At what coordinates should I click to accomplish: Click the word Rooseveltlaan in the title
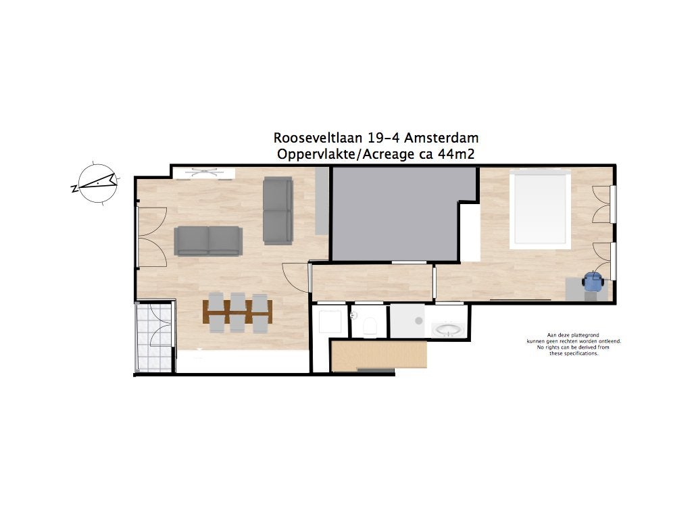(318, 138)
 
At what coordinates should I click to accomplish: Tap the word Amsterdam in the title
(441, 138)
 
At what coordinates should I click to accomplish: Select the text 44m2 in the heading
(456, 155)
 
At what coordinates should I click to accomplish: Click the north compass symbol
(97, 184)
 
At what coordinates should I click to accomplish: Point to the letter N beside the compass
(74, 189)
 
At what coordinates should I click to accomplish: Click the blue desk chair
(592, 280)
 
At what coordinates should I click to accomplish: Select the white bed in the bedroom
(540, 209)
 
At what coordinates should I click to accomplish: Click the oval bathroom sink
(448, 330)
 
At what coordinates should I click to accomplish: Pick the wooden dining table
(237, 312)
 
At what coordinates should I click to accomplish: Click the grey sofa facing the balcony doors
(208, 241)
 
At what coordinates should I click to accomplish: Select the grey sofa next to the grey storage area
(278, 211)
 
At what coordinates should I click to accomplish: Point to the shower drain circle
(419, 321)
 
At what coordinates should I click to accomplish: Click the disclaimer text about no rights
(574, 344)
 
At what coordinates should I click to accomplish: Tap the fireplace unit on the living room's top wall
(203, 173)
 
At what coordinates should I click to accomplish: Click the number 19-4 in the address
(384, 138)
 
